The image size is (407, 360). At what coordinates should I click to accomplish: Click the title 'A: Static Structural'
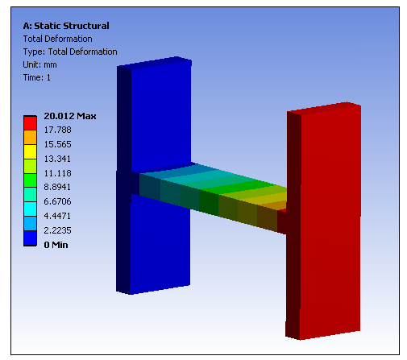66,26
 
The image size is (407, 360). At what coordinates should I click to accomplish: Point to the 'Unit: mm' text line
39,64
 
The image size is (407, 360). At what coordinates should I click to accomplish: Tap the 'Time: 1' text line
37,77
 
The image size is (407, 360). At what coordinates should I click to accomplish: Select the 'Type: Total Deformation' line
70,52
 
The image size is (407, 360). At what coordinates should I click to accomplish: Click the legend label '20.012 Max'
70,116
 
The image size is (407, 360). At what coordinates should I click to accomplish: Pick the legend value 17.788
58,130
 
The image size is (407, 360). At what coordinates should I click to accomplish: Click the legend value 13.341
57,159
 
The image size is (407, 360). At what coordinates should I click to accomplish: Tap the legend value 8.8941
57,187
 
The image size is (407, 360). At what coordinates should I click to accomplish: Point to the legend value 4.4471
57,216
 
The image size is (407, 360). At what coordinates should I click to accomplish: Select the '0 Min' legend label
56,245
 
